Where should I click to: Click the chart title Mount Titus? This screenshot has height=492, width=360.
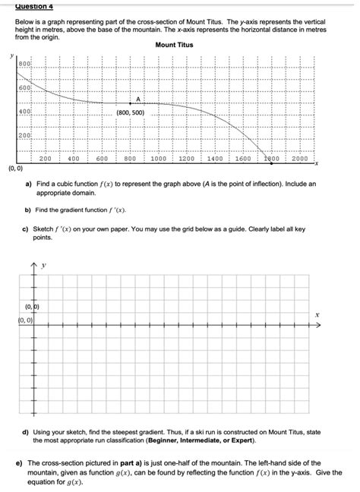pyautogui.click(x=174, y=46)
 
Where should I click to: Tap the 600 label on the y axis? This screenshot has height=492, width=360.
pyautogui.click(x=25, y=88)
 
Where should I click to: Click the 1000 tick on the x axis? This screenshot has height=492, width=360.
pyautogui.click(x=158, y=159)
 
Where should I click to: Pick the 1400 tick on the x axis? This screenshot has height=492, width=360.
pyautogui.click(x=215, y=159)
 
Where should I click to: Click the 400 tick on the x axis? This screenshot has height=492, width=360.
pyautogui.click(x=74, y=159)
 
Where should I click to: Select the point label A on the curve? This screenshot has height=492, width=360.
pyautogui.click(x=139, y=98)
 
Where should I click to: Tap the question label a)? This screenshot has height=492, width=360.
pyautogui.click(x=28, y=184)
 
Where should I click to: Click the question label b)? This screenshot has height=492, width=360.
pyautogui.click(x=28, y=209)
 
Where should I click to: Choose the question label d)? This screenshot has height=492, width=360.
pyautogui.click(x=28, y=430)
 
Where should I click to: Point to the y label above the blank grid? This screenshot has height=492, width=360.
pyautogui.click(x=45, y=265)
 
